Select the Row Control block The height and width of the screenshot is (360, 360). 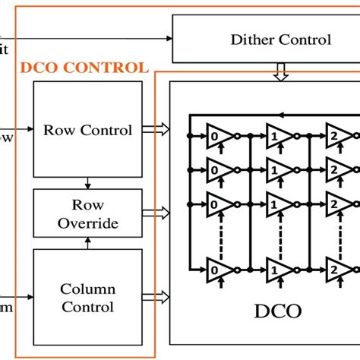87,130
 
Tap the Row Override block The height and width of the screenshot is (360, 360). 87,213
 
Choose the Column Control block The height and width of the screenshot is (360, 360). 87,298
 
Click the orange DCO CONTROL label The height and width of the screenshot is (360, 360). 84,68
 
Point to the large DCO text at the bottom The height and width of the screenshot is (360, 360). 276,311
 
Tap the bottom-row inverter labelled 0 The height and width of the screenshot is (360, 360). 219,267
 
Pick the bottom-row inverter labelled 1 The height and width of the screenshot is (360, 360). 279,267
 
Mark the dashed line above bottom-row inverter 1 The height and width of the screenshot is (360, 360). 280,231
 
